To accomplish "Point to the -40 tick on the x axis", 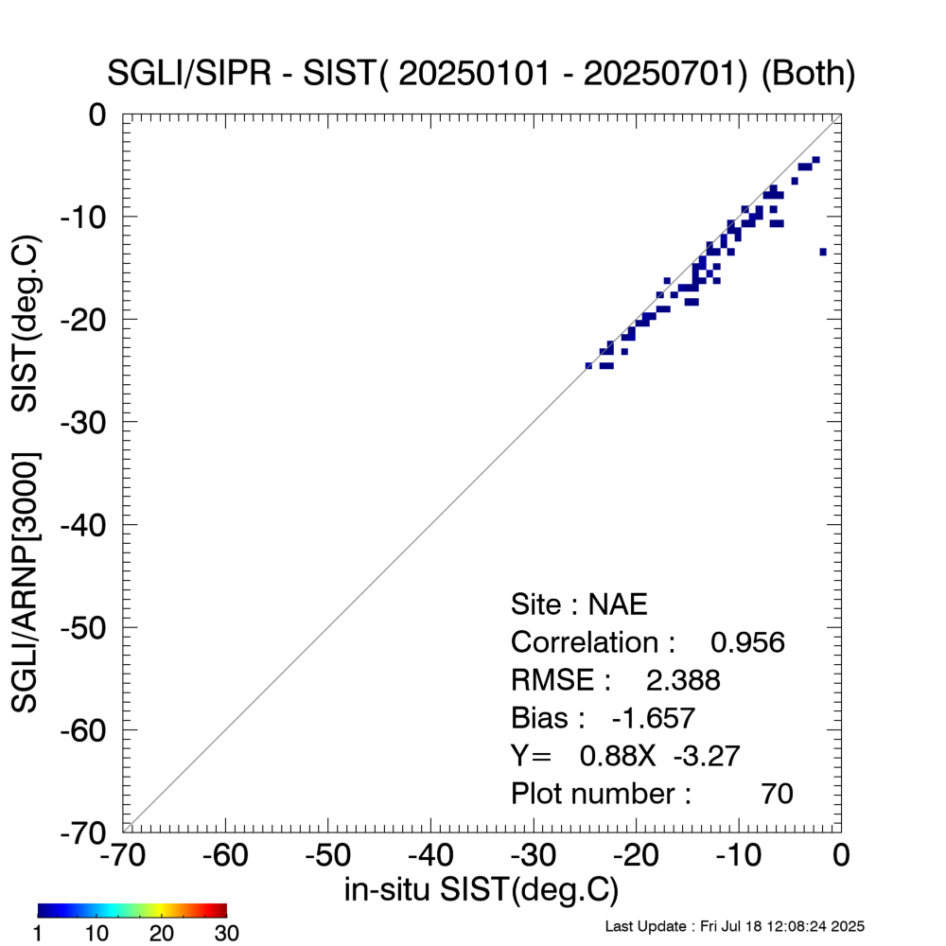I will tap(431, 855).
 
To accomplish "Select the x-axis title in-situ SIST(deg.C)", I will tap(482, 889).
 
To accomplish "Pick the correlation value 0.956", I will tap(747, 642).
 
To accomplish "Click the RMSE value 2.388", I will tap(682, 680).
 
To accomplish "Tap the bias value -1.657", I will tap(654, 718).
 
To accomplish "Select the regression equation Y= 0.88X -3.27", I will tap(625, 756).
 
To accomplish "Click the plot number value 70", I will tap(777, 794).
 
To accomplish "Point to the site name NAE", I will tap(618, 604).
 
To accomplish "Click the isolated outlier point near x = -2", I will tap(823, 252).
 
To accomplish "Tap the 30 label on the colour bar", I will tap(226, 934).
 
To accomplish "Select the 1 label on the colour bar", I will tap(41, 934).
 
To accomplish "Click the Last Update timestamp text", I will tap(734, 925).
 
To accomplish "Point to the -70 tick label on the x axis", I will tap(124, 855).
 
